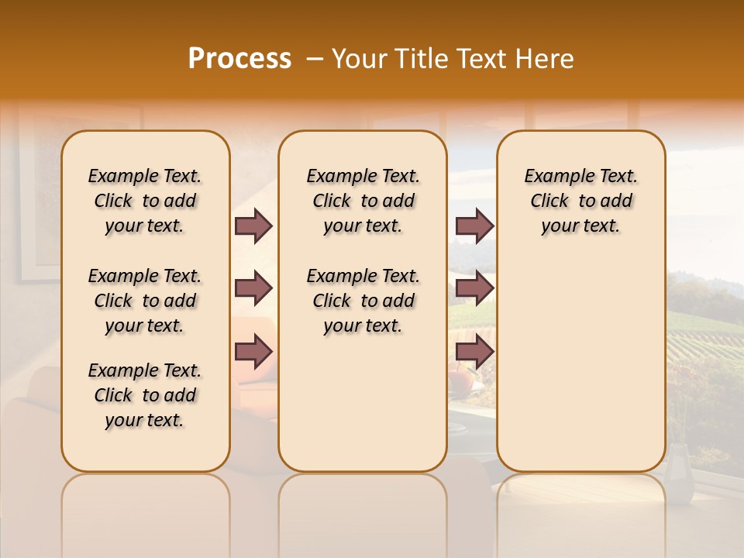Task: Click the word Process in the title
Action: (x=239, y=59)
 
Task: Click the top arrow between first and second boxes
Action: (x=253, y=226)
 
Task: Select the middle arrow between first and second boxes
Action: (x=253, y=289)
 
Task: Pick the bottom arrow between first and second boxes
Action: (x=253, y=352)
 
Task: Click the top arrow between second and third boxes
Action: (x=474, y=226)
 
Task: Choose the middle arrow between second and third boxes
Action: (x=474, y=289)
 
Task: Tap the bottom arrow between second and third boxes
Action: (x=474, y=352)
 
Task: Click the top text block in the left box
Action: (x=145, y=201)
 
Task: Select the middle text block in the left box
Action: (x=145, y=301)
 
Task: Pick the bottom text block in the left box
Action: (x=145, y=395)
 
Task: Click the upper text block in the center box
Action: (x=363, y=201)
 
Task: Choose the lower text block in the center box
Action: (x=363, y=301)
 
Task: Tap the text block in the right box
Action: (x=580, y=201)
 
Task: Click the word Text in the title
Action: (x=480, y=59)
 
